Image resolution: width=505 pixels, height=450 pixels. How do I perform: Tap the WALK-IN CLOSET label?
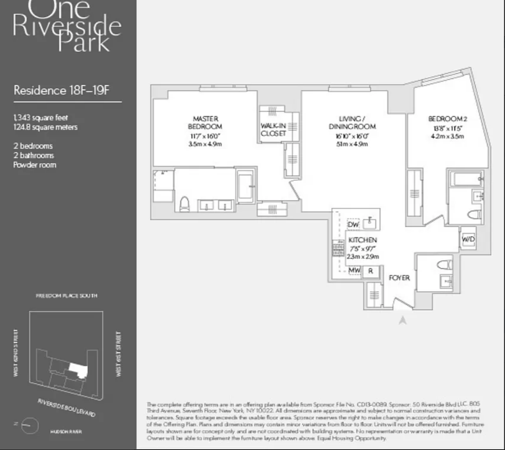(x=273, y=129)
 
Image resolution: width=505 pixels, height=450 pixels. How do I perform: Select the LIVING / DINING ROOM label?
(x=352, y=122)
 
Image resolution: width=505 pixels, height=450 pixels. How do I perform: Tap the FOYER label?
(x=399, y=278)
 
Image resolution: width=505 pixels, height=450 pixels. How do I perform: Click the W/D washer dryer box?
(x=468, y=238)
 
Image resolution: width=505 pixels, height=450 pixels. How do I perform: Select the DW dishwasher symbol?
(x=353, y=225)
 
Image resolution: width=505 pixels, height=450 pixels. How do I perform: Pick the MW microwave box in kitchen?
(x=354, y=271)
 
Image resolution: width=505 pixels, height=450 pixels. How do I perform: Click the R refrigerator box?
(x=370, y=271)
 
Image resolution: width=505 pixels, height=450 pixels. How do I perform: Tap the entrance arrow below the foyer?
(x=403, y=321)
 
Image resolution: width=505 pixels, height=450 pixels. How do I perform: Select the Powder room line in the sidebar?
(x=35, y=164)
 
